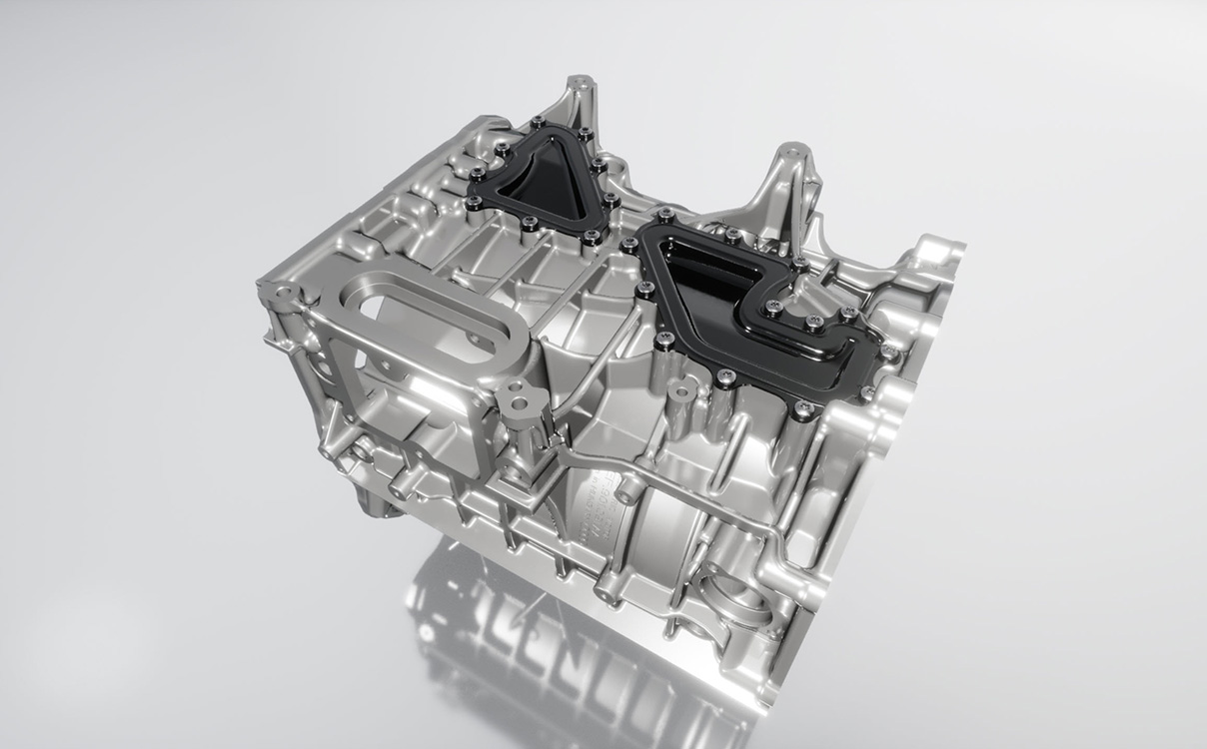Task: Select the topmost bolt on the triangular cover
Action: [539, 123]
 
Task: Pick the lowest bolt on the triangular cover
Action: [592, 237]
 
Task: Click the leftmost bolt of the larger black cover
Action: [628, 245]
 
